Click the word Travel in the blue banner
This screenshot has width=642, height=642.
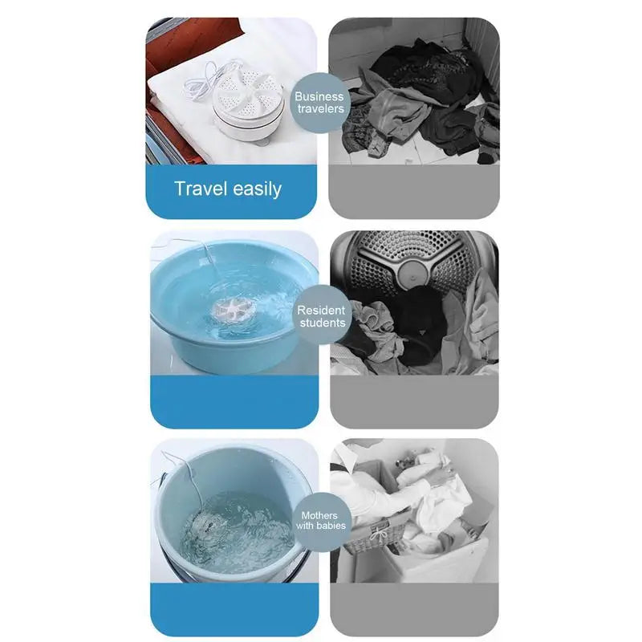[x=201, y=189]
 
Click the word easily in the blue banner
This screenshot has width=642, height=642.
[x=257, y=189]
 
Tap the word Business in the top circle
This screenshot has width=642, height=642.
[x=319, y=96]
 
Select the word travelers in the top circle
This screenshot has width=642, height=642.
[x=320, y=109]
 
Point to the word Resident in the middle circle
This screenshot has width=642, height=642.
[x=321, y=311]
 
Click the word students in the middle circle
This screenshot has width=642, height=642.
[x=323, y=323]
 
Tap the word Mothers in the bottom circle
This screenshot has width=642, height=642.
[x=319, y=515]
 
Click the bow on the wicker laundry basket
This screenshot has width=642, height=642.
[x=377, y=533]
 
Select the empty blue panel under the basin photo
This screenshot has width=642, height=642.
[x=234, y=402]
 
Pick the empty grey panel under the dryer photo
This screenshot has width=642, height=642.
[x=414, y=402]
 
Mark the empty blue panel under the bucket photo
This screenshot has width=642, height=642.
[x=234, y=610]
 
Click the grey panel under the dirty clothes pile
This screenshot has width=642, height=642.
[x=414, y=192]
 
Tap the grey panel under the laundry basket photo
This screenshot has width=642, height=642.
[x=414, y=610]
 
